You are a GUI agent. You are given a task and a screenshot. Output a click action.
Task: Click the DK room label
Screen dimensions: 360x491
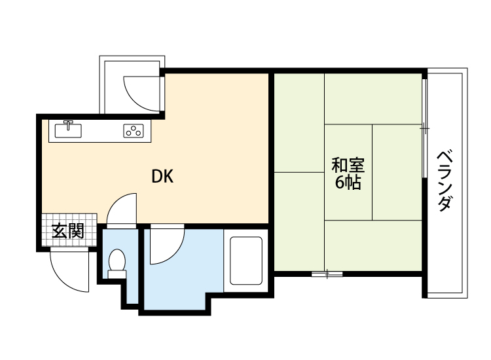tap(162, 176)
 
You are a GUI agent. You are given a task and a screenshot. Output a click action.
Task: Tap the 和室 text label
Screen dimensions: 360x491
tap(348, 165)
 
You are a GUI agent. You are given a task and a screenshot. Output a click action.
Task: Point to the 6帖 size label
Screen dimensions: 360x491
tap(348, 183)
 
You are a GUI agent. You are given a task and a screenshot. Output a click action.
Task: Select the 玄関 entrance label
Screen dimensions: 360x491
tap(67, 230)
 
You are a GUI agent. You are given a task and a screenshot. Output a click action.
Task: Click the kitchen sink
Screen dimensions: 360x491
tap(67, 130)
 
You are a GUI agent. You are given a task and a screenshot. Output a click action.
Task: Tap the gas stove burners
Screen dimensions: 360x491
tap(134, 130)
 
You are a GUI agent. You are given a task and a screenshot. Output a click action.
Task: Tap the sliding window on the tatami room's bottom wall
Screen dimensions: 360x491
tap(327, 274)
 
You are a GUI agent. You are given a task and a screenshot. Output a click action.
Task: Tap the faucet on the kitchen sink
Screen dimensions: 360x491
tap(68, 124)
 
